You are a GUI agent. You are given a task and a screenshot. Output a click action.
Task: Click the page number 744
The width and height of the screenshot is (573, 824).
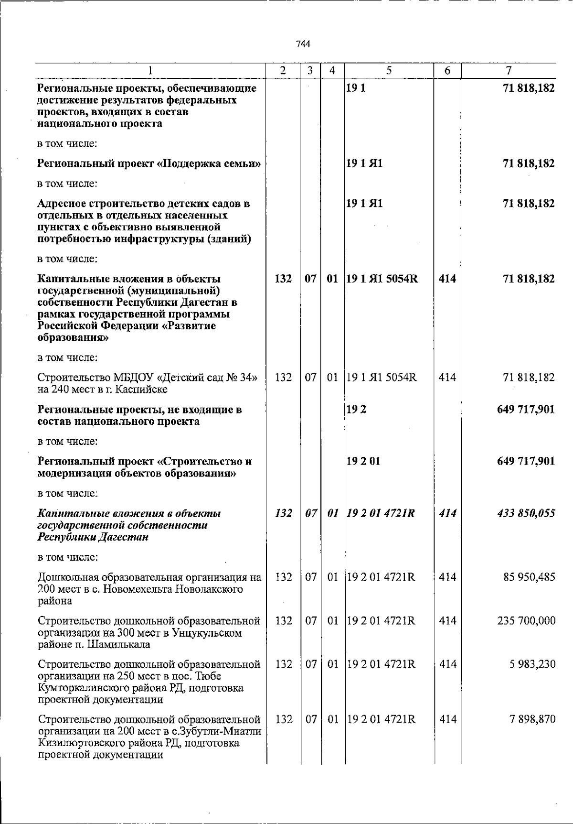click(303, 44)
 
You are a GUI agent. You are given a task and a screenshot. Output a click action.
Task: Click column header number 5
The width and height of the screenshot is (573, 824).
click(389, 71)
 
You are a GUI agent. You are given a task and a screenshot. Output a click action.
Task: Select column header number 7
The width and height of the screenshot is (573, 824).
click(509, 71)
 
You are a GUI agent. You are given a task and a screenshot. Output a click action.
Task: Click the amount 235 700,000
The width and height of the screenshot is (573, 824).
click(526, 621)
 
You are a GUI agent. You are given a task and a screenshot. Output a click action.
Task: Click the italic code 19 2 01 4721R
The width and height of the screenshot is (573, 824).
click(381, 513)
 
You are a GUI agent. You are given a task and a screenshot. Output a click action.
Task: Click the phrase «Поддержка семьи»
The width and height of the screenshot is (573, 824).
click(209, 164)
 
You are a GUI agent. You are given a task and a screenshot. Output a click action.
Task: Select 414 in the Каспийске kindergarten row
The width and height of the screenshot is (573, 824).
click(447, 378)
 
